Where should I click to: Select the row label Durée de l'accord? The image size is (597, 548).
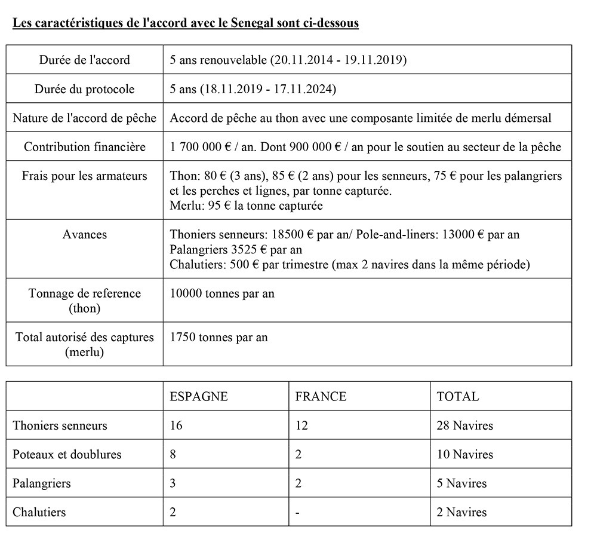84,60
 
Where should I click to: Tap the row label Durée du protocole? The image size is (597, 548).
84,89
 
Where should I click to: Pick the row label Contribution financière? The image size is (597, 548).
84,147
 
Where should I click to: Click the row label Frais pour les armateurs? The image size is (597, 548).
84,176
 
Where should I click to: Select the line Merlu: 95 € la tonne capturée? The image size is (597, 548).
246,205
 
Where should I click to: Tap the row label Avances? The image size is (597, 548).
84,234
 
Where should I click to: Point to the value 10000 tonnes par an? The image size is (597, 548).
222,293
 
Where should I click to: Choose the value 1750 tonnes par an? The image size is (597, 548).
219,337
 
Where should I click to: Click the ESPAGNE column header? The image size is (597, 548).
198,396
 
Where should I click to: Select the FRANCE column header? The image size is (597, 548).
321,396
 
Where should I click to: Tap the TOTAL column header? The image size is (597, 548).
457,396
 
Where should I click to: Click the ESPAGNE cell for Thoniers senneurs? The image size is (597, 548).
176,425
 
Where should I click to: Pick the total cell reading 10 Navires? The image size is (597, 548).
465,454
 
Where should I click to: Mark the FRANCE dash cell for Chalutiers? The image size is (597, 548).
297,512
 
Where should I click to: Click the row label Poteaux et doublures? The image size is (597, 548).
67,454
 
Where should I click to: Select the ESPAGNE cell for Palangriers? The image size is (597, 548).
173,483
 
